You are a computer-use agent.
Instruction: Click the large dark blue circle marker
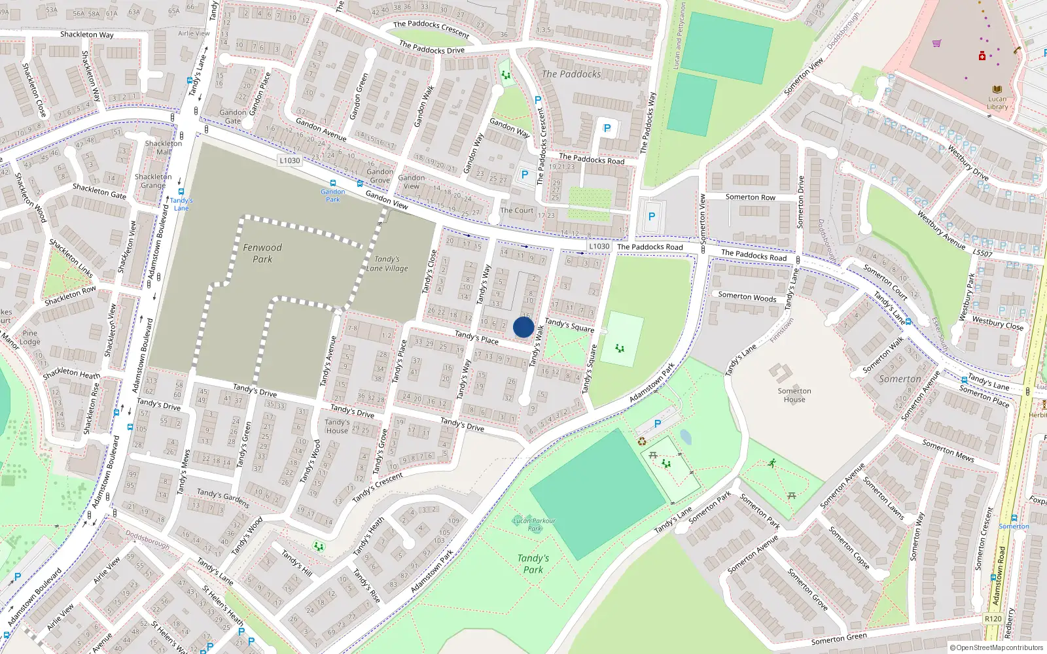[x=523, y=327]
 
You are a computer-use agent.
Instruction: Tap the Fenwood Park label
[x=262, y=253]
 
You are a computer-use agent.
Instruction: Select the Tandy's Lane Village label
[x=387, y=264]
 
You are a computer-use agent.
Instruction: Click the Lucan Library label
[x=997, y=103]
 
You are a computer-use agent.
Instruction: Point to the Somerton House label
[x=794, y=395]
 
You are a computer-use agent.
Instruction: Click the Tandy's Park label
[x=533, y=564]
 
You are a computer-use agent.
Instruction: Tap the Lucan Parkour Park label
[x=535, y=525]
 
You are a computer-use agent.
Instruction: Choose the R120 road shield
[x=993, y=619]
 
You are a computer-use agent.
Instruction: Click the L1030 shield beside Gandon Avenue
[x=289, y=160]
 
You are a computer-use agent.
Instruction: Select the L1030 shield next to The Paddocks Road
[x=599, y=247]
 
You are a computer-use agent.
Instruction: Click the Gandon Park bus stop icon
[x=333, y=184]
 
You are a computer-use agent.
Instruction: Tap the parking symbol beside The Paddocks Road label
[x=607, y=129]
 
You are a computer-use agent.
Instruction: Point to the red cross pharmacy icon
[x=982, y=56]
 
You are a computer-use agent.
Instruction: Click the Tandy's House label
[x=337, y=426]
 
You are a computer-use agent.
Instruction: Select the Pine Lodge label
[x=30, y=337]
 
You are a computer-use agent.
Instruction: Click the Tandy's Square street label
[x=569, y=325]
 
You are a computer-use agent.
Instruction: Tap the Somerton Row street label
[x=750, y=197]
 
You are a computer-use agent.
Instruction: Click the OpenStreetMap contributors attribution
[x=997, y=647]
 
